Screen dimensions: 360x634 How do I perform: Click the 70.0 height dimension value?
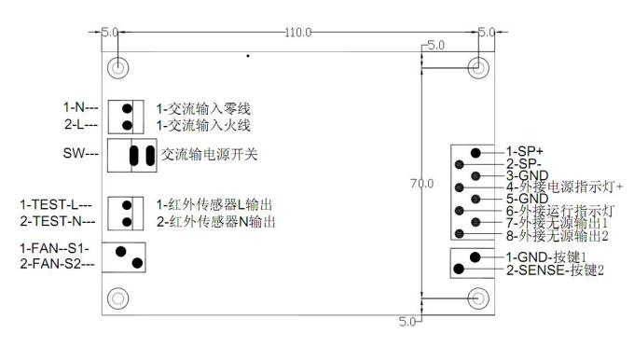(422, 184)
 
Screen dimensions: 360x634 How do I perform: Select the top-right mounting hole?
(477, 69)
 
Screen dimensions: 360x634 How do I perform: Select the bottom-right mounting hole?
(477, 298)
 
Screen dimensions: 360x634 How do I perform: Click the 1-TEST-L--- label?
(57, 204)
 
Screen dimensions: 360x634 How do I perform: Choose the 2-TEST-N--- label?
(57, 221)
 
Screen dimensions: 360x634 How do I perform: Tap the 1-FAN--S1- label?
(55, 249)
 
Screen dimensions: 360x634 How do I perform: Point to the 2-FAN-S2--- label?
(58, 265)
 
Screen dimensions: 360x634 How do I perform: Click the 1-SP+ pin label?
(523, 151)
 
